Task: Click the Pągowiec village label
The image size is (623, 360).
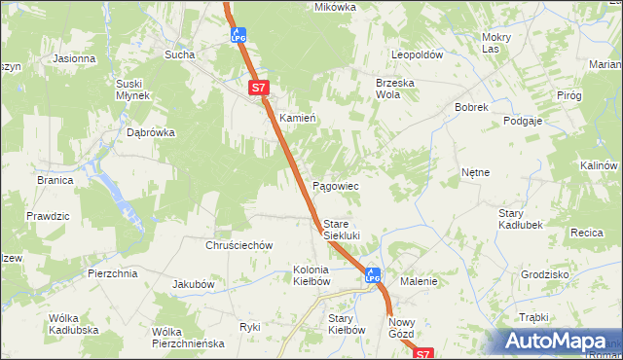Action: [x=336, y=186]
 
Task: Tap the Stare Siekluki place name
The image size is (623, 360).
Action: [x=342, y=230]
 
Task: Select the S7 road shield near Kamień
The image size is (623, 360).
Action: [x=257, y=88]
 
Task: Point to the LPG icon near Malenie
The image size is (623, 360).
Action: [x=372, y=275]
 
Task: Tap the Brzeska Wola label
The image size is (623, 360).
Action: [x=395, y=90]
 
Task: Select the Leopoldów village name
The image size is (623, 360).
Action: [x=417, y=55]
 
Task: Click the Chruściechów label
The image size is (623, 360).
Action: [x=238, y=246]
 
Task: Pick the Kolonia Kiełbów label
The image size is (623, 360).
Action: [x=311, y=275]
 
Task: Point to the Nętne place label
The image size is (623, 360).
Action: [x=475, y=172]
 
